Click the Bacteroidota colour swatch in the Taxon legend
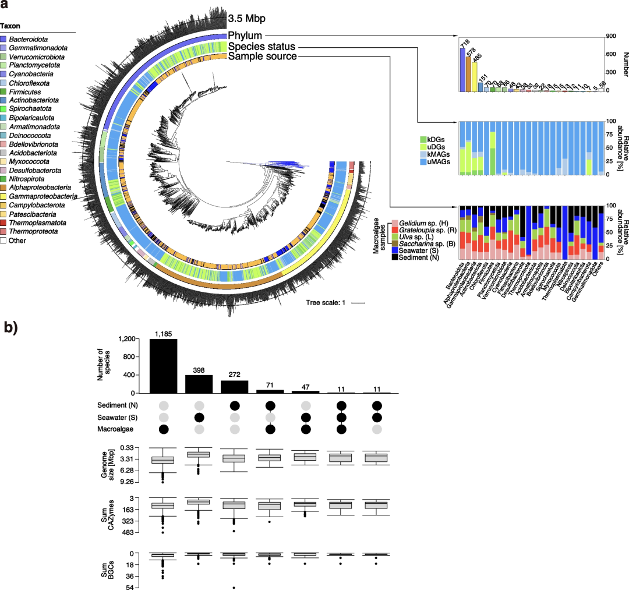pos(5,38)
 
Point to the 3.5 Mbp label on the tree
pos(245,18)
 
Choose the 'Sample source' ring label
pos(262,56)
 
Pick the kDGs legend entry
pos(435,140)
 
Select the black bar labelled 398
pos(199,384)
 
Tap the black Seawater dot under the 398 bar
pos(199,418)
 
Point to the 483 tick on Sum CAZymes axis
pos(137,532)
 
